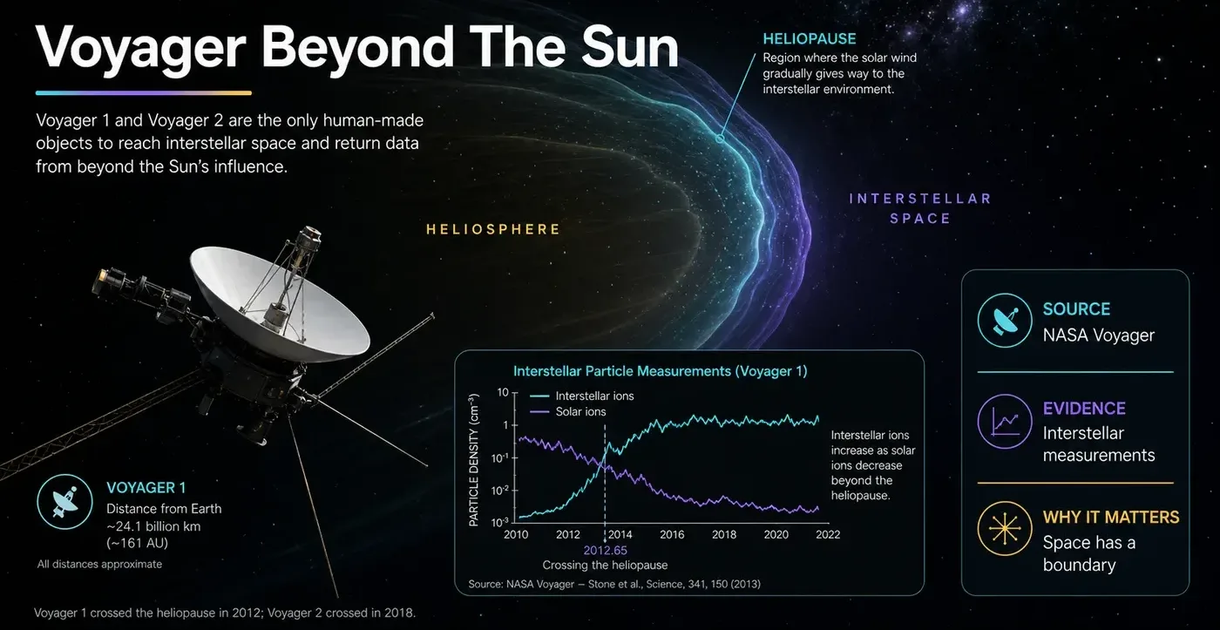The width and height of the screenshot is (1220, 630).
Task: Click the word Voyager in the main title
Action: [x=141, y=49]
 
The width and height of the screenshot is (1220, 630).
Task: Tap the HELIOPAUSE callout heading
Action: [x=810, y=38]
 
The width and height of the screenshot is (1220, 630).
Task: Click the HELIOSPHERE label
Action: [x=493, y=229]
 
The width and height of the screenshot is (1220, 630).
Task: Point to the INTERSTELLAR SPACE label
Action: [x=920, y=208]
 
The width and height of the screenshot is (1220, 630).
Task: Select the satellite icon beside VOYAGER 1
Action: [x=64, y=502]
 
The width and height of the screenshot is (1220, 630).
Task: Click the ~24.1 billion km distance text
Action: [x=153, y=526]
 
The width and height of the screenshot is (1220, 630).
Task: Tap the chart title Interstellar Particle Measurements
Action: [x=661, y=371]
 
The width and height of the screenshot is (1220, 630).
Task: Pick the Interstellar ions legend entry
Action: [x=582, y=396]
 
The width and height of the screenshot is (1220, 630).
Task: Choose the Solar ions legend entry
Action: [x=567, y=411]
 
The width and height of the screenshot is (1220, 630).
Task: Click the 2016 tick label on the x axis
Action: [x=672, y=535]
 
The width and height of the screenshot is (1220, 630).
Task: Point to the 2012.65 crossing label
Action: [x=605, y=551]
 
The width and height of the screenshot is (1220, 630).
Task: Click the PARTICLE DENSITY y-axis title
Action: [x=474, y=460]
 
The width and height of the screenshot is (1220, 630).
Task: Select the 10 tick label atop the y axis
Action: [x=503, y=393]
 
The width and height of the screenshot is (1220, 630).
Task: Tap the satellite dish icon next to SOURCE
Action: [x=1004, y=320]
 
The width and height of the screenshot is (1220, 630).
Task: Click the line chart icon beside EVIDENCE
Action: [x=1004, y=421]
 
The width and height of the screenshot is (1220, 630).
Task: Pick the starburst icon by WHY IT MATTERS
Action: [x=1004, y=528]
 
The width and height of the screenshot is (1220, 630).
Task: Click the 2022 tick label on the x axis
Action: [x=828, y=535]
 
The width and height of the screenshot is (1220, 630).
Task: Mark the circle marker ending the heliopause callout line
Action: [x=720, y=139]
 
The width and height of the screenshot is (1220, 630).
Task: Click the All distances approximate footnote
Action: [x=99, y=564]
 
